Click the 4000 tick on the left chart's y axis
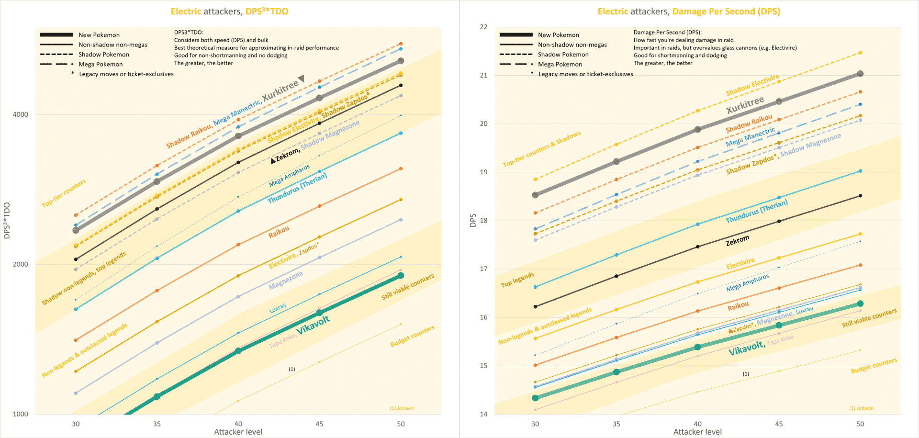pyautogui.click(x=20, y=114)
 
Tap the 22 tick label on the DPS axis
pyautogui.click(x=483, y=27)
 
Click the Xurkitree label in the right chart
pyautogui.click(x=745, y=105)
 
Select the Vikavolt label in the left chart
pyautogui.click(x=313, y=325)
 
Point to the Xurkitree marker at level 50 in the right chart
pyautogui.click(x=860, y=74)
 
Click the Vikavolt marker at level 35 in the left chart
pyautogui.click(x=157, y=396)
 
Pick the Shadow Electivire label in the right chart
pyautogui.click(x=752, y=85)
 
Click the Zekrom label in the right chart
pyautogui.click(x=738, y=240)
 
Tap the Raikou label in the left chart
pyautogui.click(x=279, y=232)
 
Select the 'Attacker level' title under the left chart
pyautogui.click(x=238, y=432)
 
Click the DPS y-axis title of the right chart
pyautogui.click(x=473, y=220)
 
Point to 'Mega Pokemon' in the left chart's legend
pyautogui.click(x=101, y=64)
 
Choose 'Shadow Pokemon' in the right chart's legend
pyautogui.click(x=563, y=55)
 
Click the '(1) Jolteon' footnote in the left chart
pyautogui.click(x=402, y=408)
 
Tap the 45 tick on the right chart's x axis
pyautogui.click(x=779, y=424)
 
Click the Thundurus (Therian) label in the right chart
pyautogui.click(x=756, y=211)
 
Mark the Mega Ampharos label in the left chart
pyautogui.click(x=289, y=176)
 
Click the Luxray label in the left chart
pyautogui.click(x=278, y=308)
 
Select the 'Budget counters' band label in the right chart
pyautogui.click(x=874, y=366)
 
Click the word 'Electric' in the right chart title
pyautogui.click(x=613, y=11)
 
